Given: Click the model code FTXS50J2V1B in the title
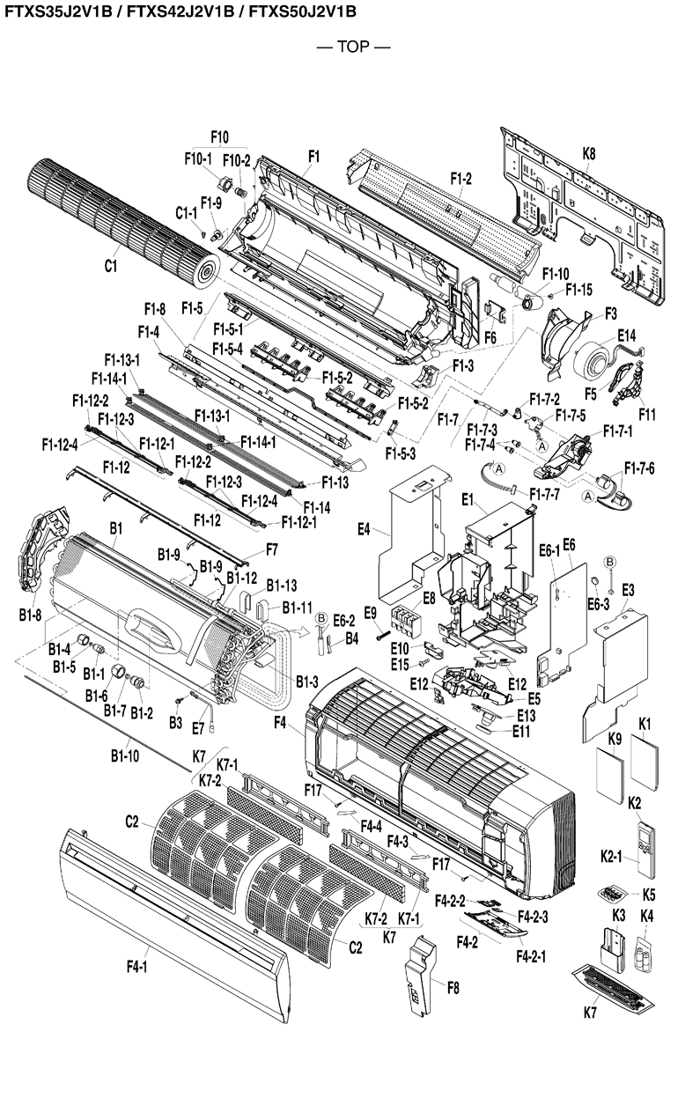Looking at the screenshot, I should tap(300, 11).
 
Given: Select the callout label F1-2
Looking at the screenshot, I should tap(461, 179).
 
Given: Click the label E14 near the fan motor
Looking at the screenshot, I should tap(626, 335).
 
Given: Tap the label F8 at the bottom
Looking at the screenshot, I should tap(453, 988).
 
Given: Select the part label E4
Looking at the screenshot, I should tap(364, 530).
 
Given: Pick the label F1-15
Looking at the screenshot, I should tap(579, 289).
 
